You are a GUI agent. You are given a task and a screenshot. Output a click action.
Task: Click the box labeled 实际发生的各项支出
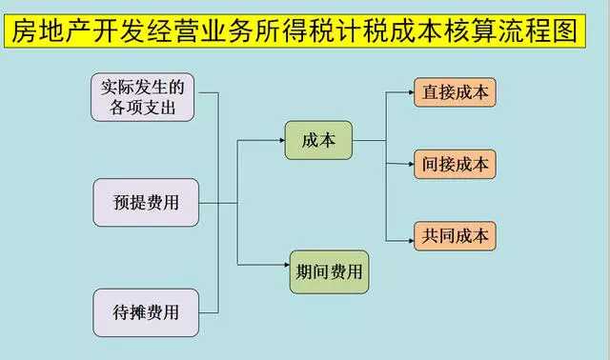pos(143,97)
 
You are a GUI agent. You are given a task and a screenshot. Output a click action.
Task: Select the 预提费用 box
pos(146,202)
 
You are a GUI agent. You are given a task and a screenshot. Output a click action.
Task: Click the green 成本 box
pos(318,140)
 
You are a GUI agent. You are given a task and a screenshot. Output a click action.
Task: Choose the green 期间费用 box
pos(328,270)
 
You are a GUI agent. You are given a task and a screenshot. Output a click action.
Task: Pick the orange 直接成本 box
pos(455,92)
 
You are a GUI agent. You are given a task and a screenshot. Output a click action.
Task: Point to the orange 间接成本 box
pos(455,164)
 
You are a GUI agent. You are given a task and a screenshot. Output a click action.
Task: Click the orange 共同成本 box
pos(455,235)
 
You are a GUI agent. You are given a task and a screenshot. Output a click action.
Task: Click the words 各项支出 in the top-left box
pos(143,107)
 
